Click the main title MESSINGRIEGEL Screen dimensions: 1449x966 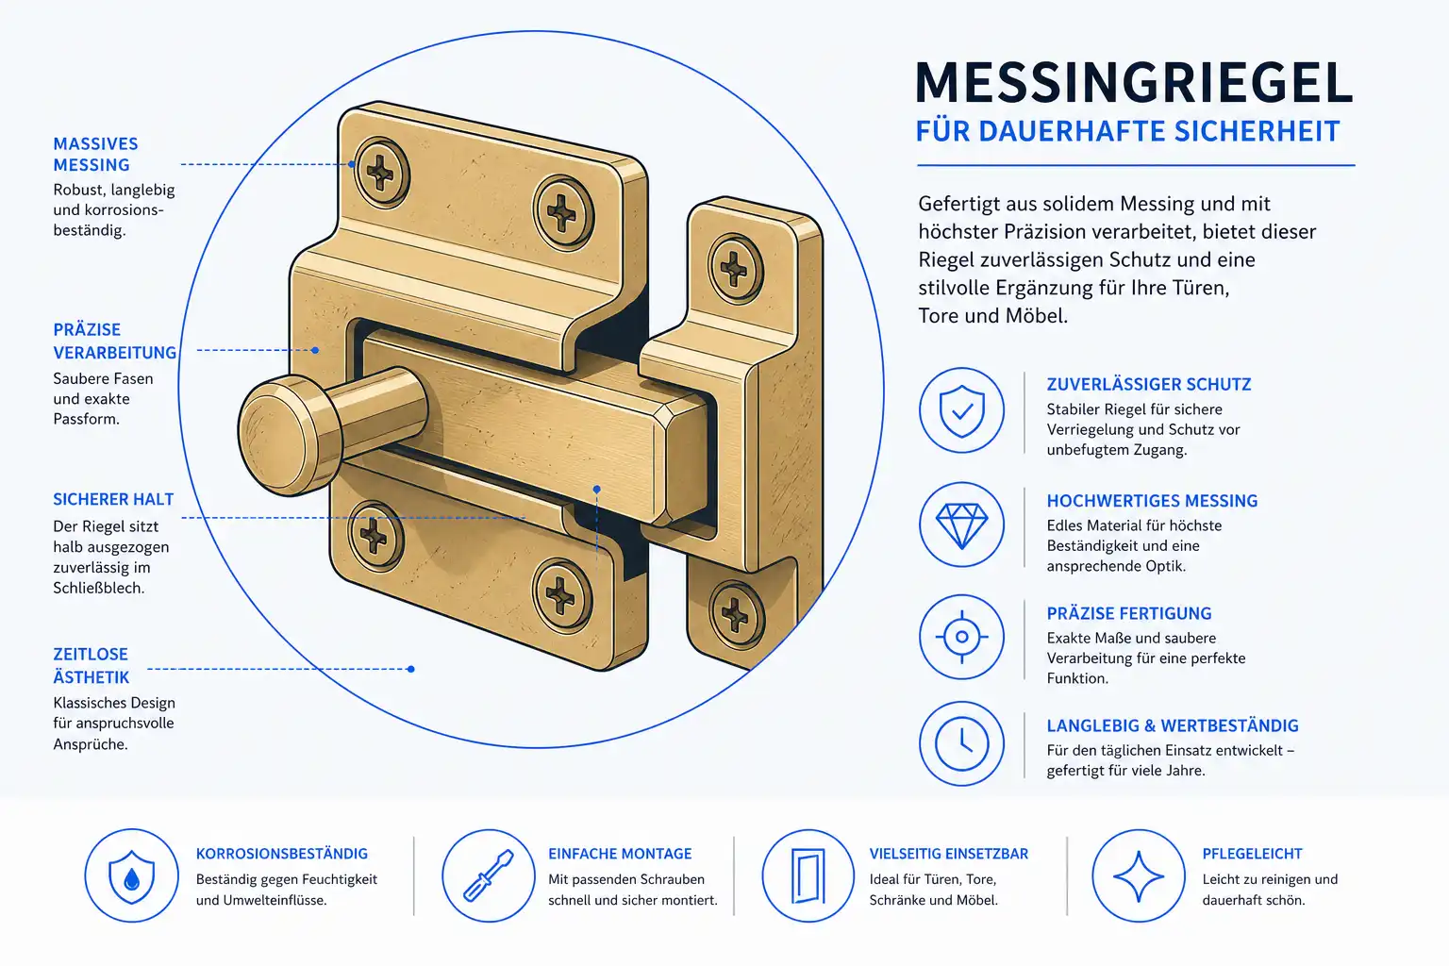point(1134,83)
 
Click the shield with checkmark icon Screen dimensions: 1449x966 point(962,410)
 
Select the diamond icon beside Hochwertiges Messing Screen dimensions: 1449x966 point(962,525)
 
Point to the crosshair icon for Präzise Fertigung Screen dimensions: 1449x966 point(962,637)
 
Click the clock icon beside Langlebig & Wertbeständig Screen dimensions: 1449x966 point(962,743)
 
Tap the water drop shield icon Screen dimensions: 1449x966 point(131,875)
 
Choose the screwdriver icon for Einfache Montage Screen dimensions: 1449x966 point(489,875)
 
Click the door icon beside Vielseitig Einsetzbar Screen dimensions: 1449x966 point(808,875)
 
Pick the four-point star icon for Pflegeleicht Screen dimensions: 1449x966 point(1139,875)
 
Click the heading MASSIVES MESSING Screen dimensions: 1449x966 point(95,154)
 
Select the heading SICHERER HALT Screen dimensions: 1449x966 point(113,499)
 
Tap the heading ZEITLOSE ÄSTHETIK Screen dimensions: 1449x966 point(92,665)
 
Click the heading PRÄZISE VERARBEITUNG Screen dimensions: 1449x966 point(114,341)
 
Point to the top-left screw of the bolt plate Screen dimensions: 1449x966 point(382,173)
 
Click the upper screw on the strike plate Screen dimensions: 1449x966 point(735,269)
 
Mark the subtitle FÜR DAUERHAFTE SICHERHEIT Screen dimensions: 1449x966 point(1127,131)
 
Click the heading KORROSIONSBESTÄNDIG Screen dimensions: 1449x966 point(282,854)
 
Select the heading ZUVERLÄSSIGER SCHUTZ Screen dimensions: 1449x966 point(1149,384)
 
